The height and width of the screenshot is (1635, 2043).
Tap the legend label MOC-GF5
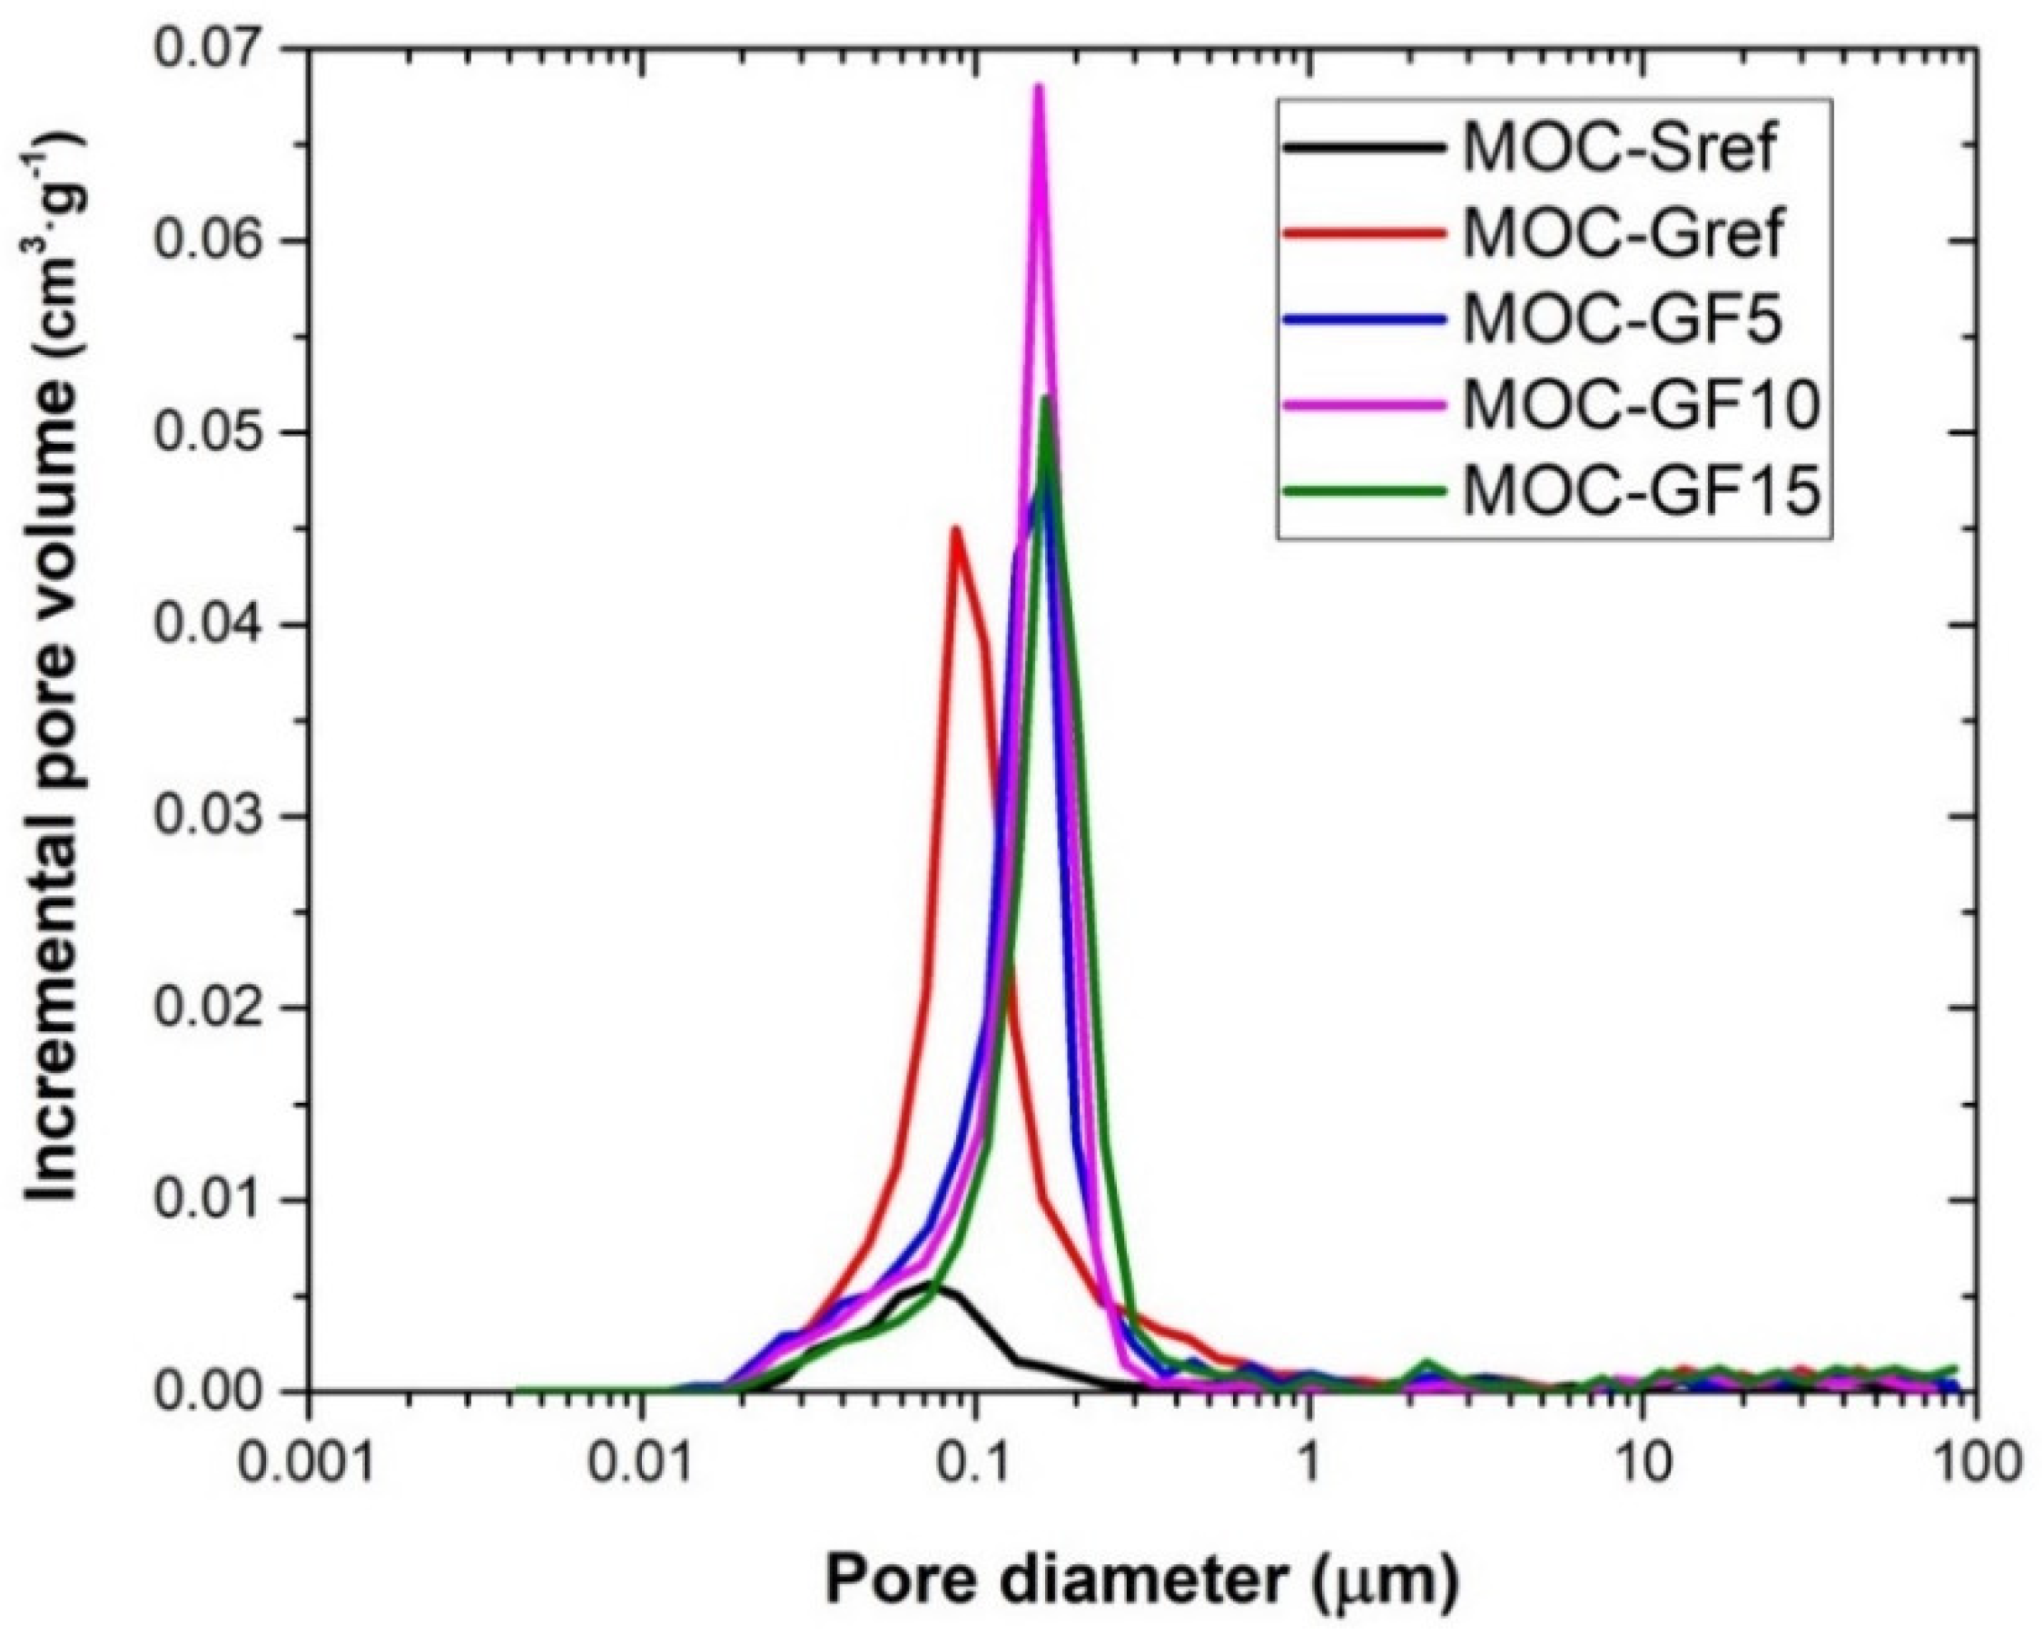[x=1623, y=320]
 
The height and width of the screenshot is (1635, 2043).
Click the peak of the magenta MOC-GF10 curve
[x=1038, y=88]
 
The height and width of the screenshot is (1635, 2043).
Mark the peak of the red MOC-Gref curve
[x=956, y=528]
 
